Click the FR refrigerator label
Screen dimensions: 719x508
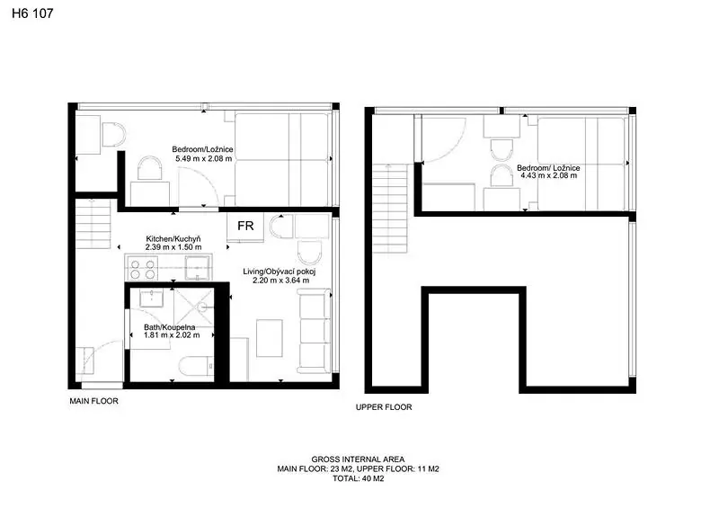click(x=245, y=226)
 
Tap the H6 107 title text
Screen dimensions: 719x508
click(x=32, y=13)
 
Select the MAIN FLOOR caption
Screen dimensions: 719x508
click(x=94, y=401)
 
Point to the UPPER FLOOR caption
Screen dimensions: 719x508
click(x=384, y=407)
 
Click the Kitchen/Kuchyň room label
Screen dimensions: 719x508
click(x=173, y=239)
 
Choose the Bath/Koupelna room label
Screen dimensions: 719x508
click(x=170, y=327)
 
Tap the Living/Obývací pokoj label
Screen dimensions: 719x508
click(x=280, y=272)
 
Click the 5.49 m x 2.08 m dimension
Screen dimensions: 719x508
click(x=204, y=159)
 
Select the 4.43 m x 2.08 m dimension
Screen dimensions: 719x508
click(x=548, y=175)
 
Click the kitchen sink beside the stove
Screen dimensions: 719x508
click(x=198, y=268)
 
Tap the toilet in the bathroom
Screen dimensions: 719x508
click(x=196, y=366)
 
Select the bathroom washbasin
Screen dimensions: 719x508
click(x=151, y=299)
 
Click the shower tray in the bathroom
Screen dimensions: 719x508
click(x=194, y=307)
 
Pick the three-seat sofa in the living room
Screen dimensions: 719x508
click(x=314, y=331)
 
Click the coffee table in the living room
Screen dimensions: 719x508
click(x=269, y=338)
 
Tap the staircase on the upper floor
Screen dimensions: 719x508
click(x=390, y=209)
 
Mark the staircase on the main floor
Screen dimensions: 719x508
click(x=93, y=224)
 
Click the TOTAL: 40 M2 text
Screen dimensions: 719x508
click(x=358, y=478)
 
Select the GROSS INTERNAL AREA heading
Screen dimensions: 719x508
click(x=358, y=459)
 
